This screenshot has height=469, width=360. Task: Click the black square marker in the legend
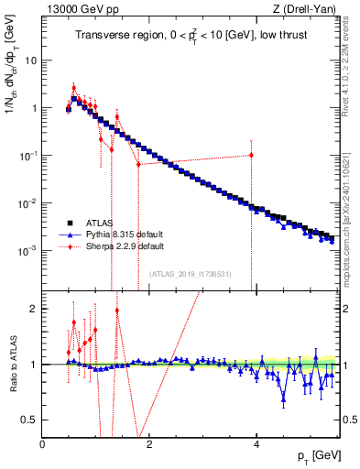coord(68,222)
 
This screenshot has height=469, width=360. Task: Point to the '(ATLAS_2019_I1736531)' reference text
coord(191,274)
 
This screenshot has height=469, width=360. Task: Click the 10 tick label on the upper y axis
coord(31,60)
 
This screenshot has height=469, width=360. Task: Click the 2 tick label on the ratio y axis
coord(34,309)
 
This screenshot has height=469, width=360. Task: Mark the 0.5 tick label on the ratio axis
coord(30,420)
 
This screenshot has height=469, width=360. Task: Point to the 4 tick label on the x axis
coord(256,444)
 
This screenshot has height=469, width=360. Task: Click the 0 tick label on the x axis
coord(43,444)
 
